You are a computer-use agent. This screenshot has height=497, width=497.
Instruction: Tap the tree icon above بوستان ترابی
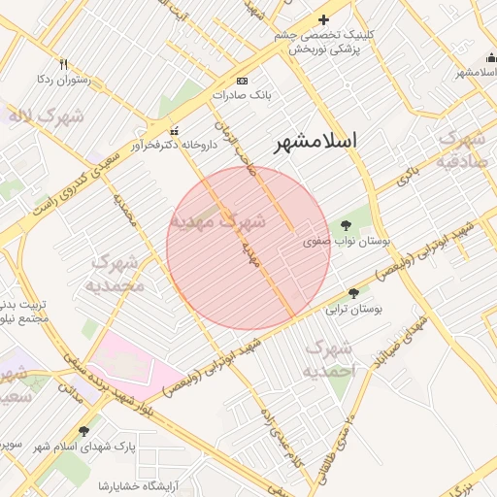(352, 292)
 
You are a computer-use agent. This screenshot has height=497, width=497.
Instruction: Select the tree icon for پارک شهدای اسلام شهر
(83, 431)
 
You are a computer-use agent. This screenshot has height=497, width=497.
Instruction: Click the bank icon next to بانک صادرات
(242, 81)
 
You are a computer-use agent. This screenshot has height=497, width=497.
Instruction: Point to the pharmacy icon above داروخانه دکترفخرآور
(175, 131)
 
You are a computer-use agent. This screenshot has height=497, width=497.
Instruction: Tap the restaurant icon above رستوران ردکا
(64, 64)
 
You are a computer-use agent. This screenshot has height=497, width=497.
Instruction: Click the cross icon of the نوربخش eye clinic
(324, 20)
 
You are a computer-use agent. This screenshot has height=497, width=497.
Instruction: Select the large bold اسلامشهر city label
(315, 142)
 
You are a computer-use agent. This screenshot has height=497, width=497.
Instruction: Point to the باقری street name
(408, 177)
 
